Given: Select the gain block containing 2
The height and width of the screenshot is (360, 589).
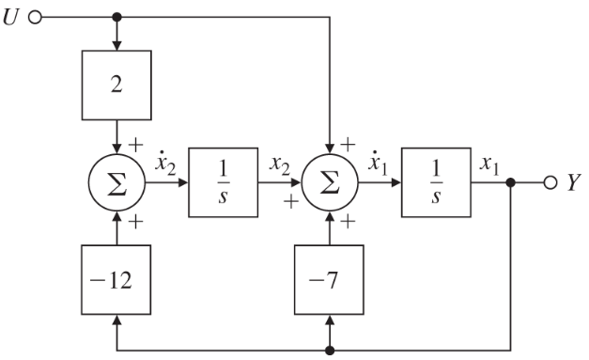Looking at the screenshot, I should [x=116, y=86].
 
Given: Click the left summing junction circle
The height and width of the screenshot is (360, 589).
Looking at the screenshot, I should [x=116, y=182].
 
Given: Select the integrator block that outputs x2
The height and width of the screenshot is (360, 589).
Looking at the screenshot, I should [x=223, y=182].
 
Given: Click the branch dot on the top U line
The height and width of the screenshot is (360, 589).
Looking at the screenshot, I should [x=116, y=18].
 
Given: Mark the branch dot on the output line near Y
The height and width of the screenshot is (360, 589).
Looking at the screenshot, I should [x=510, y=182].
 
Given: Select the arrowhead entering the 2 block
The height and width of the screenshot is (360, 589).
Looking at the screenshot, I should [x=116, y=47].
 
